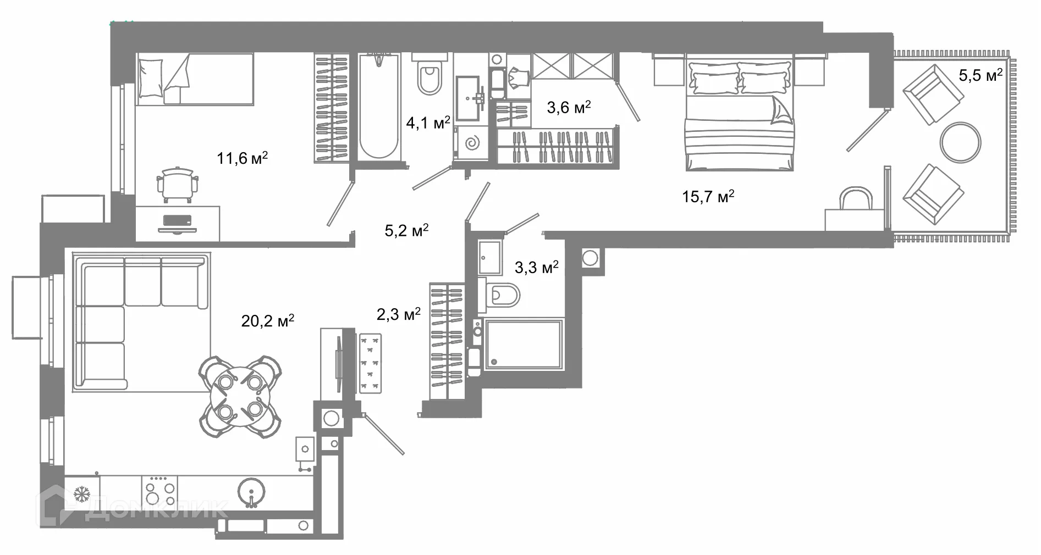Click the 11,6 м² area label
[242, 159]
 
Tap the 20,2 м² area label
[267, 320]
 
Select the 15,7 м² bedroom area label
[708, 196]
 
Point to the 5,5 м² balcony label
[981, 75]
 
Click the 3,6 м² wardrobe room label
[569, 107]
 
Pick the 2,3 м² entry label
[398, 314]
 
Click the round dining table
[239, 396]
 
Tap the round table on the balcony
[960, 142]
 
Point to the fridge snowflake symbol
[81, 494]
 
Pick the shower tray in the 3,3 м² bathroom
[522, 345]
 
